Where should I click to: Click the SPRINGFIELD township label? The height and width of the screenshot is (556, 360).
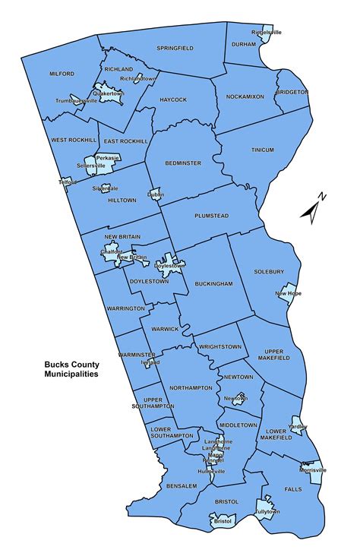click(175, 48)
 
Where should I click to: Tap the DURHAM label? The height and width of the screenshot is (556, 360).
click(242, 45)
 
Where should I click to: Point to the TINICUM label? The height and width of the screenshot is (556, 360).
click(262, 150)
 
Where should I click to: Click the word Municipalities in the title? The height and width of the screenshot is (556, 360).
click(75, 374)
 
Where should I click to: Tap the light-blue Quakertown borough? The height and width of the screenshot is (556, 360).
click(109, 95)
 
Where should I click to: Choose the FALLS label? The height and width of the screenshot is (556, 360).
click(291, 490)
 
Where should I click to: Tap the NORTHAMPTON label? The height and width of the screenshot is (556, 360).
click(192, 387)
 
